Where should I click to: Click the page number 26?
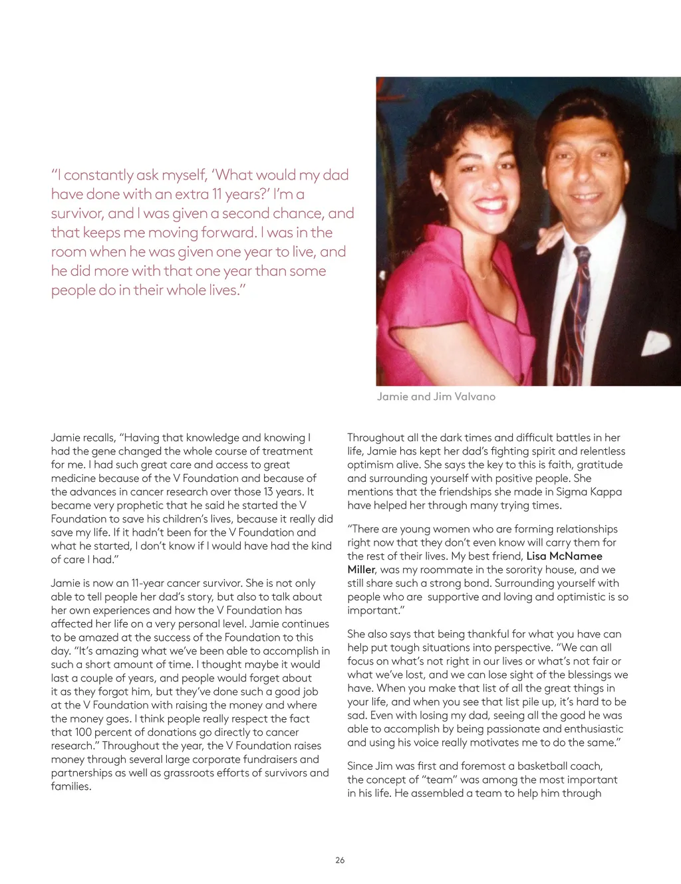pos(340,859)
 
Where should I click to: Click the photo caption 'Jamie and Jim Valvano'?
pos(436,396)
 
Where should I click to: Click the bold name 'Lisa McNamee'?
pos(564,556)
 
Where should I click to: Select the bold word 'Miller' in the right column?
pos(361,569)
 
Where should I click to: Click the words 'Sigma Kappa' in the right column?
pos(591,492)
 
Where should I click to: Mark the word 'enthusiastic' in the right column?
pos(591,728)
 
